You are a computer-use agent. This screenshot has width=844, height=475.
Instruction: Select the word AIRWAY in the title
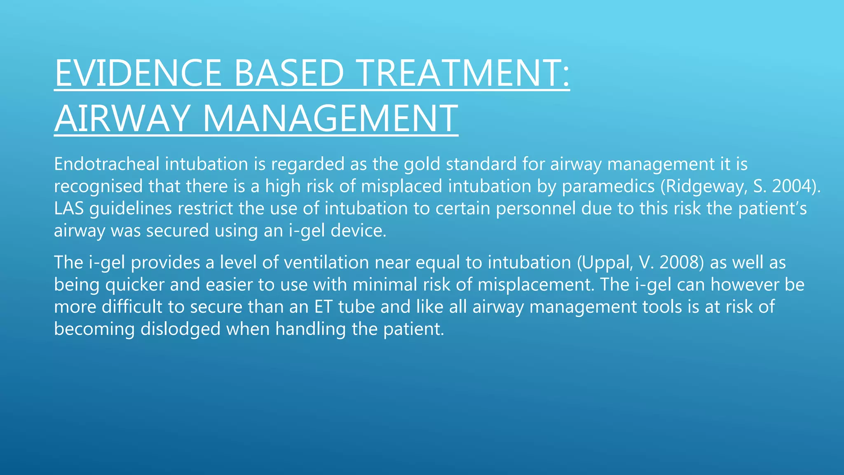[122, 118]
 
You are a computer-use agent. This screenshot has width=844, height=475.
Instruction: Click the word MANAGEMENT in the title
[330, 118]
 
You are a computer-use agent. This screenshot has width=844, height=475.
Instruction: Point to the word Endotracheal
[106, 164]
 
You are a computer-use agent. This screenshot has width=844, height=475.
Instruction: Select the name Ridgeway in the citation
[704, 187]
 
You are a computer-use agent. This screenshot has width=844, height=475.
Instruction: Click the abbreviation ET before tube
[324, 307]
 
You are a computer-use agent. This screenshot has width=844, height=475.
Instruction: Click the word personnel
[535, 209]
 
